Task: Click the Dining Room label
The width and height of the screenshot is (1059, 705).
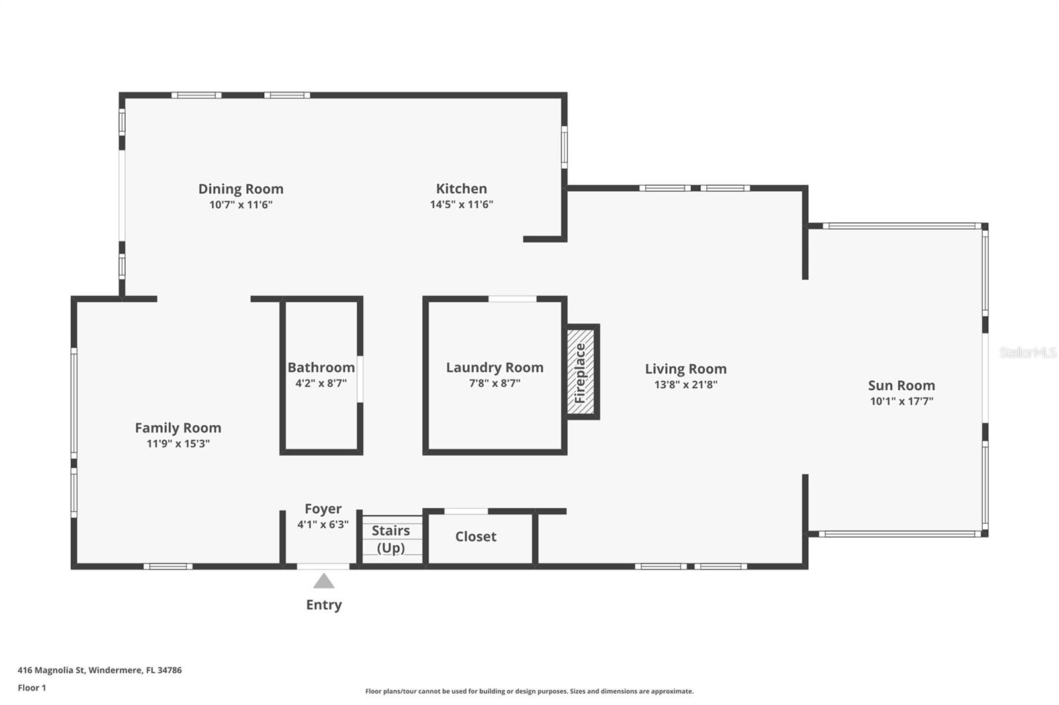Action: pos(241,189)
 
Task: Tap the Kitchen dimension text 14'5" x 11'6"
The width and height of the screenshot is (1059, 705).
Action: pos(461,205)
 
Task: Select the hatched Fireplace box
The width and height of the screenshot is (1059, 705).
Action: pos(581,372)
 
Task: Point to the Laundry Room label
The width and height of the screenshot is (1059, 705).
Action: pos(494,368)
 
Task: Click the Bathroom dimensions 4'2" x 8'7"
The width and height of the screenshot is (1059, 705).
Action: pos(321,384)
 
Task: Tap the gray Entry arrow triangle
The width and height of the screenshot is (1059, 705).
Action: pos(324,582)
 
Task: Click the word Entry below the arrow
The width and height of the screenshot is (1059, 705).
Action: pos(324,605)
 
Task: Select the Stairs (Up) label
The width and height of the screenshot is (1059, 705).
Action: pos(391,539)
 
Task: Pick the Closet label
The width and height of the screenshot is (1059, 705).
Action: pos(475,537)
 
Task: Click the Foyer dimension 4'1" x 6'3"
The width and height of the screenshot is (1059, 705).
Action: pos(323,525)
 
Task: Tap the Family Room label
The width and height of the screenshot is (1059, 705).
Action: pos(178,428)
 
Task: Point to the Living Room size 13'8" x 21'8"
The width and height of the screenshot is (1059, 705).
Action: pos(686,385)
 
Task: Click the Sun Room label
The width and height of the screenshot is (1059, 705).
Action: pos(901,386)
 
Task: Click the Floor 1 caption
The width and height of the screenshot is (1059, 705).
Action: pos(32,688)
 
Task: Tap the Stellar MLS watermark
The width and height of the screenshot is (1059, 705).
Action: pos(1027,352)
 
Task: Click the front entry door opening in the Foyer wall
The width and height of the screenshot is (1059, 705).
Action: pos(323,566)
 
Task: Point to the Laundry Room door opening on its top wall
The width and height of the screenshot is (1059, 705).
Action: pos(512,299)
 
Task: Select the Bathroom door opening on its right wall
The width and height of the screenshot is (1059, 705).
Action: pos(360,378)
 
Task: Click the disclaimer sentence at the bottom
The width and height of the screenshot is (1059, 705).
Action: pos(529,692)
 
